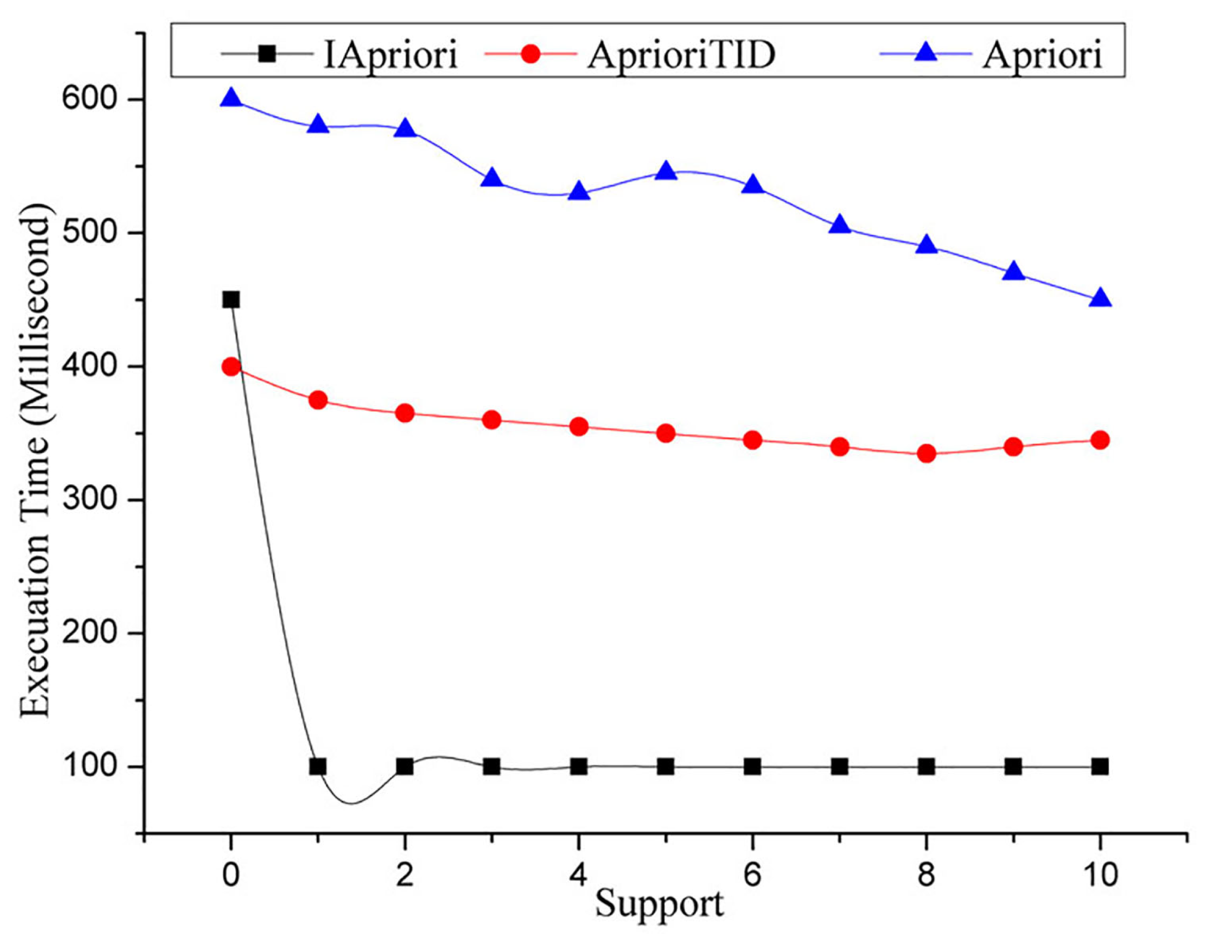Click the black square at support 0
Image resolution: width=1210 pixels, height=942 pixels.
point(231,300)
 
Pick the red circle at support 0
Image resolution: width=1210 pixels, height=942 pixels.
point(231,367)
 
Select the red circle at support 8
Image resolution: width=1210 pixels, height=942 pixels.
point(927,454)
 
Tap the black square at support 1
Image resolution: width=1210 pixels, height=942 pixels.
point(318,767)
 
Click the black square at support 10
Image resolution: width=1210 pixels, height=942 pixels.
point(1100,767)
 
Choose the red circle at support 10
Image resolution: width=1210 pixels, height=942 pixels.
point(1100,440)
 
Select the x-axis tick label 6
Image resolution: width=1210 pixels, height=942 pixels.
point(752,875)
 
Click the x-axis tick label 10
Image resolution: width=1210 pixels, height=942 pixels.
point(1100,875)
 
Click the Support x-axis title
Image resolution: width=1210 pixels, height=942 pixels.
point(659,905)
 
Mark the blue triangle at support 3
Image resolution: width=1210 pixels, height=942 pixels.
point(492,180)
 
